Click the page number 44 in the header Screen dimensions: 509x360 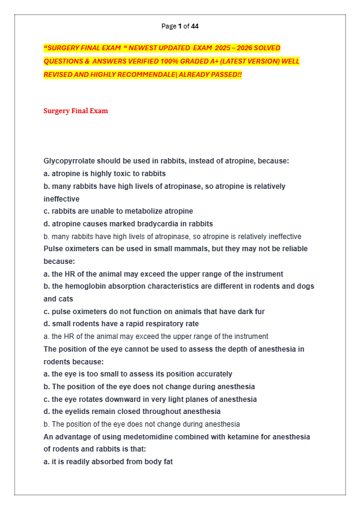click(194, 26)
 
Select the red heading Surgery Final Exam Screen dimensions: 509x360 click(76, 111)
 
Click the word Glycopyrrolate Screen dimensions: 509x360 click(70, 161)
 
